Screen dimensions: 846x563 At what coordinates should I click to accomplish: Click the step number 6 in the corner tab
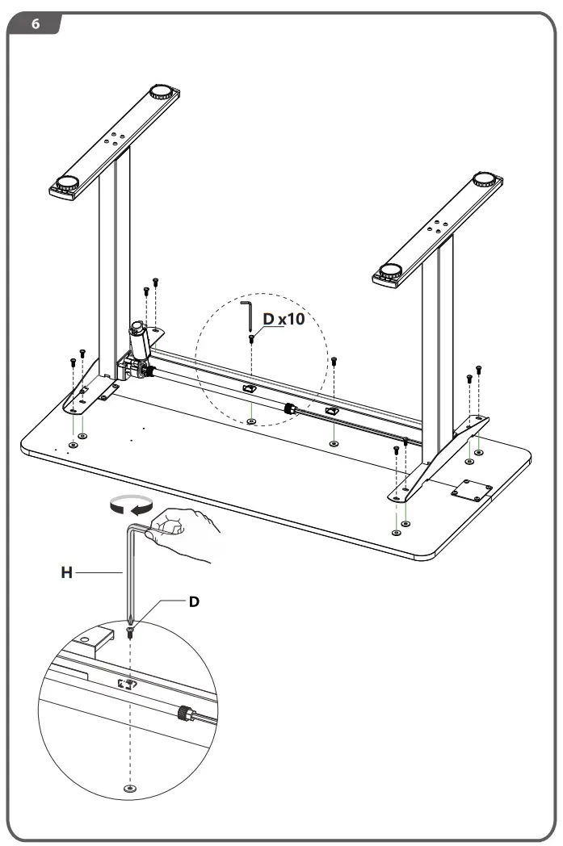[x=35, y=24]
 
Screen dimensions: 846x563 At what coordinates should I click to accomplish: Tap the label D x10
[x=284, y=320]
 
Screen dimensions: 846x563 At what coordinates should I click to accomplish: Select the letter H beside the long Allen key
[x=67, y=572]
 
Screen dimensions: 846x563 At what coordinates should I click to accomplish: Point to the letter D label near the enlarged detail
[x=194, y=601]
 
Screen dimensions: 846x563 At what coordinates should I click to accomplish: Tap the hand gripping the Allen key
[x=187, y=534]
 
